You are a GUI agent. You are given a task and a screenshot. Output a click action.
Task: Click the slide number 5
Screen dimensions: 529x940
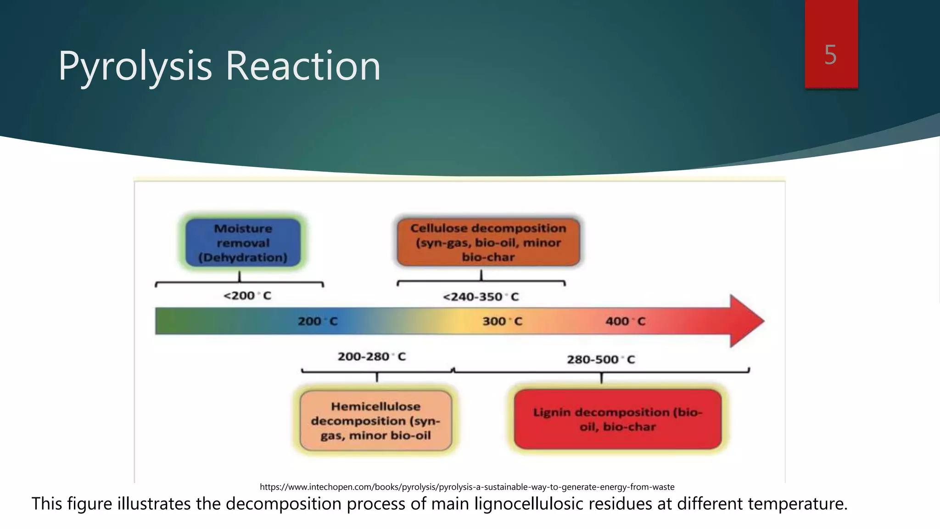coord(830,55)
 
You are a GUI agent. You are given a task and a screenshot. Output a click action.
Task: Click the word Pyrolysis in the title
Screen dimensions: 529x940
coord(135,67)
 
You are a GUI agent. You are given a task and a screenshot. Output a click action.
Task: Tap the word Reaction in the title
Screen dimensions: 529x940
coord(303,67)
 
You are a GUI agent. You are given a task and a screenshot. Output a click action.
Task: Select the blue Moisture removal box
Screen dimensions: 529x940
coord(243,242)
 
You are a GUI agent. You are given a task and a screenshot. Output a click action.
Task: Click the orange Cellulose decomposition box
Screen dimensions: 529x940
coord(488,242)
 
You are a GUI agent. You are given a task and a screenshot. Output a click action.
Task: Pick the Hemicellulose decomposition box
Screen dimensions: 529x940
coord(375,421)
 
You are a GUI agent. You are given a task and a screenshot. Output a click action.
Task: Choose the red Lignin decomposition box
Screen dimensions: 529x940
coord(617,419)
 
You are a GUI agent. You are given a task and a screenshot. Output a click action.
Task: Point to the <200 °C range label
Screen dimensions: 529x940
coord(247,296)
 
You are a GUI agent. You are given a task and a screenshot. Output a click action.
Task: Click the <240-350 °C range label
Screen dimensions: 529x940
coord(481,297)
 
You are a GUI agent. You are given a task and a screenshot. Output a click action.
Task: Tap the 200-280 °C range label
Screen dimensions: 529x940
coord(371,357)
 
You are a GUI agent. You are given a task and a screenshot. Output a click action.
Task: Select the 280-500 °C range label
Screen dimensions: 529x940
coord(600,360)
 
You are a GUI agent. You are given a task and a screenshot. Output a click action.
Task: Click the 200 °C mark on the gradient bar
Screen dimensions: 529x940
coord(317,321)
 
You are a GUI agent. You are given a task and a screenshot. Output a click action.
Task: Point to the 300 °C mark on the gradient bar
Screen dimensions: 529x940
coord(502,321)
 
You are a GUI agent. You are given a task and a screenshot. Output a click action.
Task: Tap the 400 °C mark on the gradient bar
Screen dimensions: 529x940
coord(625,321)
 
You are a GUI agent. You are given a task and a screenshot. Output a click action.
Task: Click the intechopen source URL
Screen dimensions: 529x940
coord(467,487)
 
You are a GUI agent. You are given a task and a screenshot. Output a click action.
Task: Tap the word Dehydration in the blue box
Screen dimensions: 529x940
coord(243,258)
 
